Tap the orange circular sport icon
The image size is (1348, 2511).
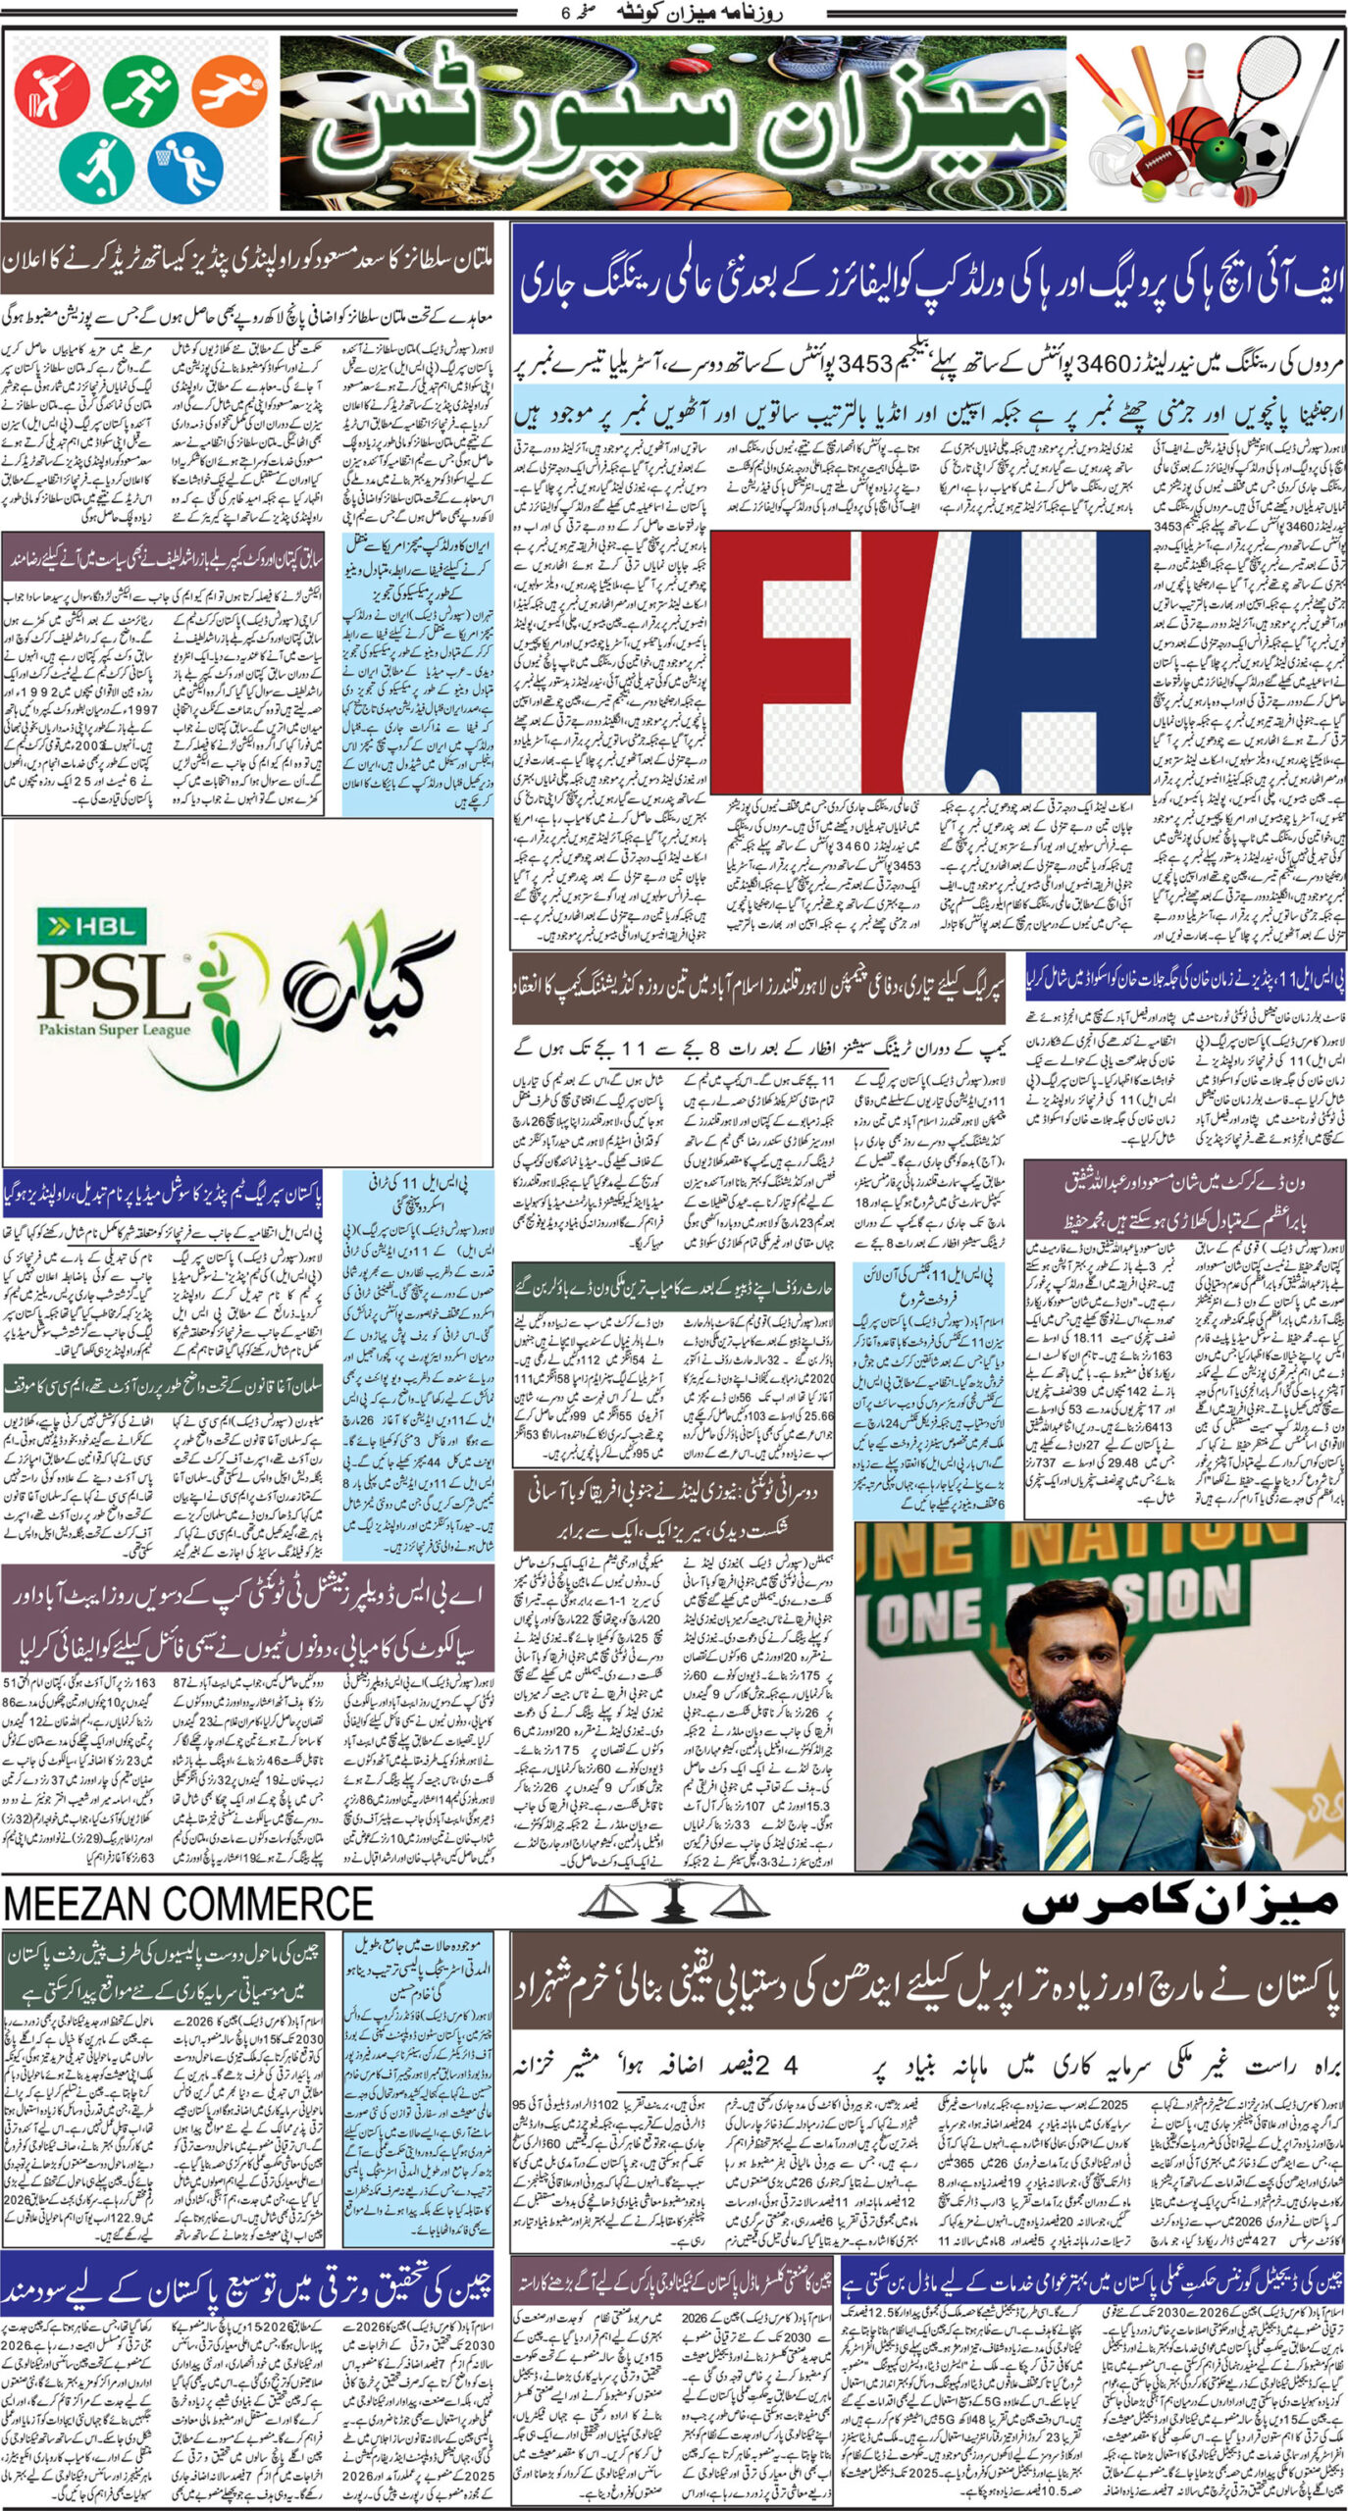click(229, 92)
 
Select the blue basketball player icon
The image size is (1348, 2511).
click(185, 164)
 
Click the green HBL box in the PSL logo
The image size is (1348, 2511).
click(91, 925)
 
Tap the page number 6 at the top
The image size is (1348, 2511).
click(564, 13)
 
